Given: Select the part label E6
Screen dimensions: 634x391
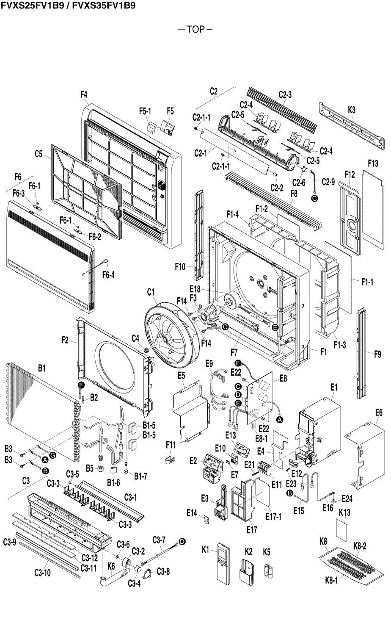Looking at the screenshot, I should point(379,412).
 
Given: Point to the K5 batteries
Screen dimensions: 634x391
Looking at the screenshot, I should point(267,570).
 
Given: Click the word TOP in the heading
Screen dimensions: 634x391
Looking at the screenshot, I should point(195,29).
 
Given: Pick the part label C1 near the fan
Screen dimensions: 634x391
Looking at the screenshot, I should point(151,292).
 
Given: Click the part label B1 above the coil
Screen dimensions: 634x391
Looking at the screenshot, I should point(41,368).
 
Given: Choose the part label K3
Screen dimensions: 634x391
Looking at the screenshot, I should point(351,110).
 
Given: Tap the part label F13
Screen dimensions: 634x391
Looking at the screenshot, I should point(373,163).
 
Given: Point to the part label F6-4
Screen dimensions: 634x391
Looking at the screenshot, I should point(108,275).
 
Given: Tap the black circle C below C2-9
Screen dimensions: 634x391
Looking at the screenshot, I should point(314,198).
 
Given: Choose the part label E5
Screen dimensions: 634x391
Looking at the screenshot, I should point(182,375).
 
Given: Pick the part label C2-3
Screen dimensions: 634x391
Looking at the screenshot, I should point(285,95).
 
